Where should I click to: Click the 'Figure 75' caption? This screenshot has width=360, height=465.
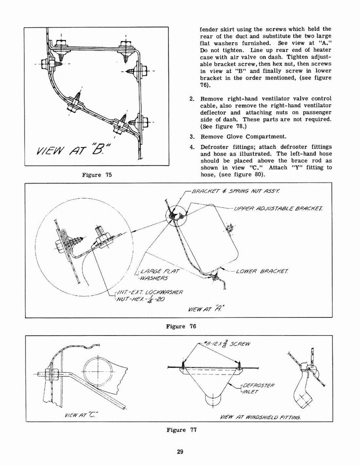click(97, 175)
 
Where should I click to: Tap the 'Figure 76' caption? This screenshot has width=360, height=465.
click(182, 326)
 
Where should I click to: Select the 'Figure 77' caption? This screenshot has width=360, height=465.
click(182, 430)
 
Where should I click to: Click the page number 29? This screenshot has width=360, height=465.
click(180, 451)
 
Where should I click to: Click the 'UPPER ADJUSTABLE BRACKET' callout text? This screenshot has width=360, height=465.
click(278, 208)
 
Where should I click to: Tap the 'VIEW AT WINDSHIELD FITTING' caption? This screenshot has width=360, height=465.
click(260, 416)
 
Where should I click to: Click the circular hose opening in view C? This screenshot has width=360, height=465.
click(97, 371)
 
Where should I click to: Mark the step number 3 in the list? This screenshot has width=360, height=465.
click(192, 137)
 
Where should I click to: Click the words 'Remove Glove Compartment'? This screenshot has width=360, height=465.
click(243, 137)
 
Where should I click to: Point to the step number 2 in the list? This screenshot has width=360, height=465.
click(192, 99)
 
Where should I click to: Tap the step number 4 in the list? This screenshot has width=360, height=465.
click(192, 147)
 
